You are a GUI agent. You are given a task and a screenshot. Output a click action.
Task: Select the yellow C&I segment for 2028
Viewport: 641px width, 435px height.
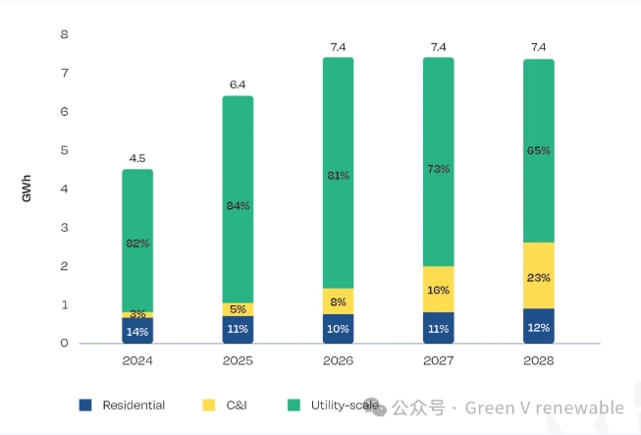(x=538, y=277)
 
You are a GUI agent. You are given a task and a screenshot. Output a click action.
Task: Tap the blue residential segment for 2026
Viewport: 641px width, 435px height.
(x=338, y=329)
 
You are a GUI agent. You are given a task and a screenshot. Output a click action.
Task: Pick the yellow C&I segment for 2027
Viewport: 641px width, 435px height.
(x=438, y=290)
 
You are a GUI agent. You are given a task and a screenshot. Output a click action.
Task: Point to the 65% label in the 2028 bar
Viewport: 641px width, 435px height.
(x=538, y=150)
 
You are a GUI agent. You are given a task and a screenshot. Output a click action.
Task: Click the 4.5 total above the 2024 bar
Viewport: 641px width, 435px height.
(x=137, y=157)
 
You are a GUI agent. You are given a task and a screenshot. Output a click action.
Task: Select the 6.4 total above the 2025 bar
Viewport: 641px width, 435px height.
(x=238, y=84)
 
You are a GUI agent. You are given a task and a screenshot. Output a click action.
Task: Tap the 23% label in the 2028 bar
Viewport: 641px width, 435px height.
(x=538, y=277)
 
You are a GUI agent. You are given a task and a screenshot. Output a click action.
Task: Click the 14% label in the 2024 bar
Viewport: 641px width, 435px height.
(x=137, y=331)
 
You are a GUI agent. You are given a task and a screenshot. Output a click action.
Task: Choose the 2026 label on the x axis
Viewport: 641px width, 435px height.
(x=338, y=361)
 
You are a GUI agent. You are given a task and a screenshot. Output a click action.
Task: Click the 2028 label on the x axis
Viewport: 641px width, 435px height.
(x=538, y=361)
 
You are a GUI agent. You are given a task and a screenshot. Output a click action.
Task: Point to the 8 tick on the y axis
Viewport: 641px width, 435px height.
(x=65, y=35)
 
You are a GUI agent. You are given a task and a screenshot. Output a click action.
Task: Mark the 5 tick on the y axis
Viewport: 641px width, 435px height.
(x=65, y=150)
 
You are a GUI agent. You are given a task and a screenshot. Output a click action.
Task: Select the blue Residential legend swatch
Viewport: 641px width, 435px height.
(x=85, y=405)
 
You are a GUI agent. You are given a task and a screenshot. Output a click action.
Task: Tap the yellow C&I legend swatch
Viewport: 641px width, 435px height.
(x=208, y=405)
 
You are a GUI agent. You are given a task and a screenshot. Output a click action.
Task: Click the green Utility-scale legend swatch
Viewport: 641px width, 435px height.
(x=294, y=405)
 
